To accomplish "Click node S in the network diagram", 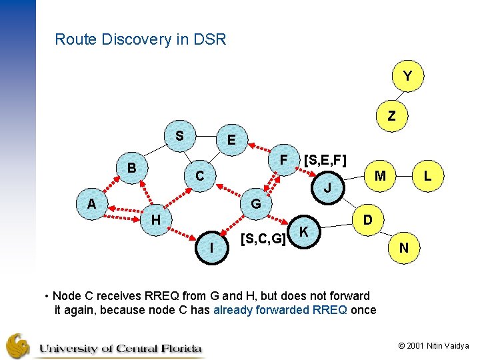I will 179,135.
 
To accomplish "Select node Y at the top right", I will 407,77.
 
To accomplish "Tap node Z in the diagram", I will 391,116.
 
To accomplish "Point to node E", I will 231,141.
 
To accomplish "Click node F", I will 283,161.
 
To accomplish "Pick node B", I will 132,168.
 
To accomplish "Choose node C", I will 199,177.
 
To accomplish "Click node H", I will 155,219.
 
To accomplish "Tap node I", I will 211,248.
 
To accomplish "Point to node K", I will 304,231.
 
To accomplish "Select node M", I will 381,176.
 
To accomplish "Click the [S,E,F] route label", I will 325,161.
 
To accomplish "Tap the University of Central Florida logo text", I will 120,348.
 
